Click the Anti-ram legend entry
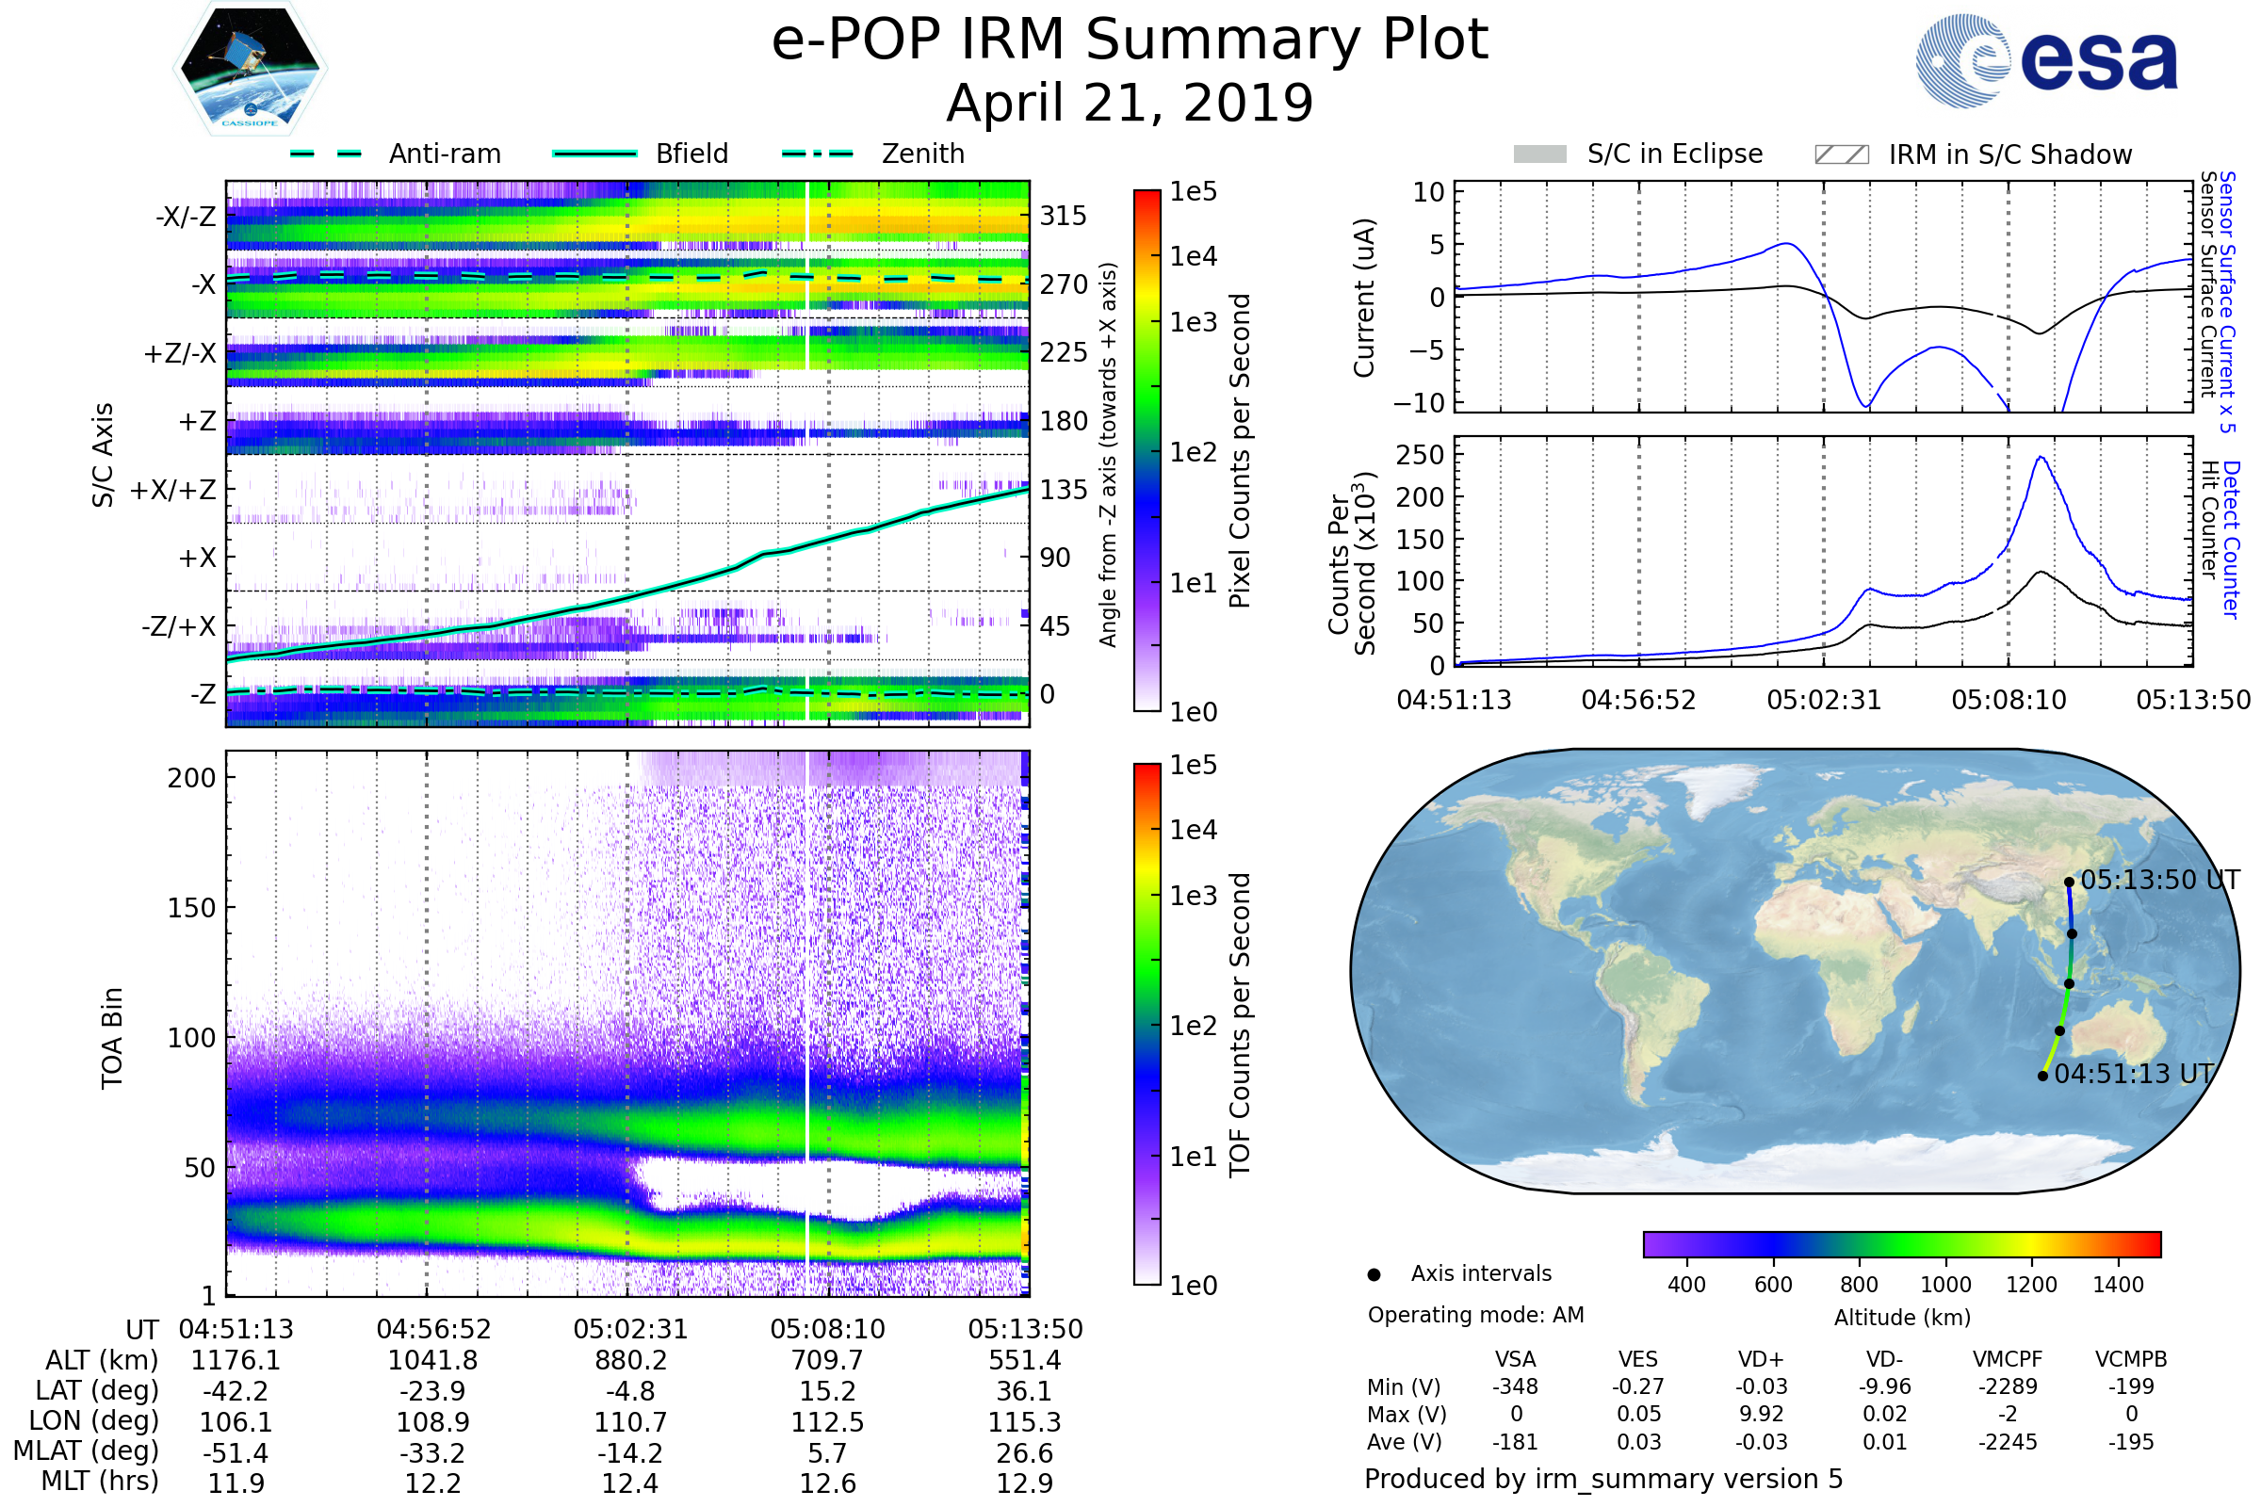(x=444, y=154)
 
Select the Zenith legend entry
(x=922, y=154)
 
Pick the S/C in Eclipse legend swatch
(x=1539, y=154)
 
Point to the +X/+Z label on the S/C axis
(x=173, y=490)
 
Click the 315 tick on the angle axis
(x=1063, y=216)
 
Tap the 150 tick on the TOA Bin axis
(x=191, y=908)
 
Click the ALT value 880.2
(x=630, y=1360)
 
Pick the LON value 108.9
(x=432, y=1421)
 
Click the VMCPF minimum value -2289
(x=2008, y=1386)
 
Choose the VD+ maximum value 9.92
(x=1761, y=1414)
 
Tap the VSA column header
(x=1515, y=1359)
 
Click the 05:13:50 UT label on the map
(x=2159, y=881)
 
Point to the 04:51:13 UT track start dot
(x=2042, y=1076)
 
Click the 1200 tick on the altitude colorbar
(x=2031, y=1285)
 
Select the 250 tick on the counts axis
(x=1420, y=455)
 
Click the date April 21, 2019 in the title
(x=1130, y=103)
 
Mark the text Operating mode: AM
(x=1475, y=1315)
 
